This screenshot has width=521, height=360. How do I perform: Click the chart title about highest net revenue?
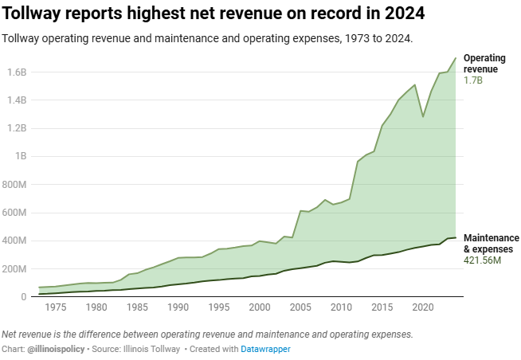pyautogui.click(x=213, y=14)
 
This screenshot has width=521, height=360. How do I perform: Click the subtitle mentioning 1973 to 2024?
pyautogui.click(x=208, y=38)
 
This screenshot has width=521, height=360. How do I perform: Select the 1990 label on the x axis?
pyautogui.click(x=178, y=307)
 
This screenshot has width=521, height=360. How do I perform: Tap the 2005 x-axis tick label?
pyautogui.click(x=300, y=307)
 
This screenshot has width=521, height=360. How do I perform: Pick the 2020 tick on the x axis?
pyautogui.click(x=422, y=307)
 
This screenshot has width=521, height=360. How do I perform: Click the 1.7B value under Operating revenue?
pyautogui.click(x=474, y=81)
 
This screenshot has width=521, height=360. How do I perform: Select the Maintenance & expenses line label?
pyautogui.click(x=491, y=244)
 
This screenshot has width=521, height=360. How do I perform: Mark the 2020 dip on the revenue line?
pyautogui.click(x=423, y=117)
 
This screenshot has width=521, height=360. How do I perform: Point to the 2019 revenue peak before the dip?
pyautogui.click(x=414, y=84)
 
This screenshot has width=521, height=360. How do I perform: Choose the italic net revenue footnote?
pyautogui.click(x=208, y=335)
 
